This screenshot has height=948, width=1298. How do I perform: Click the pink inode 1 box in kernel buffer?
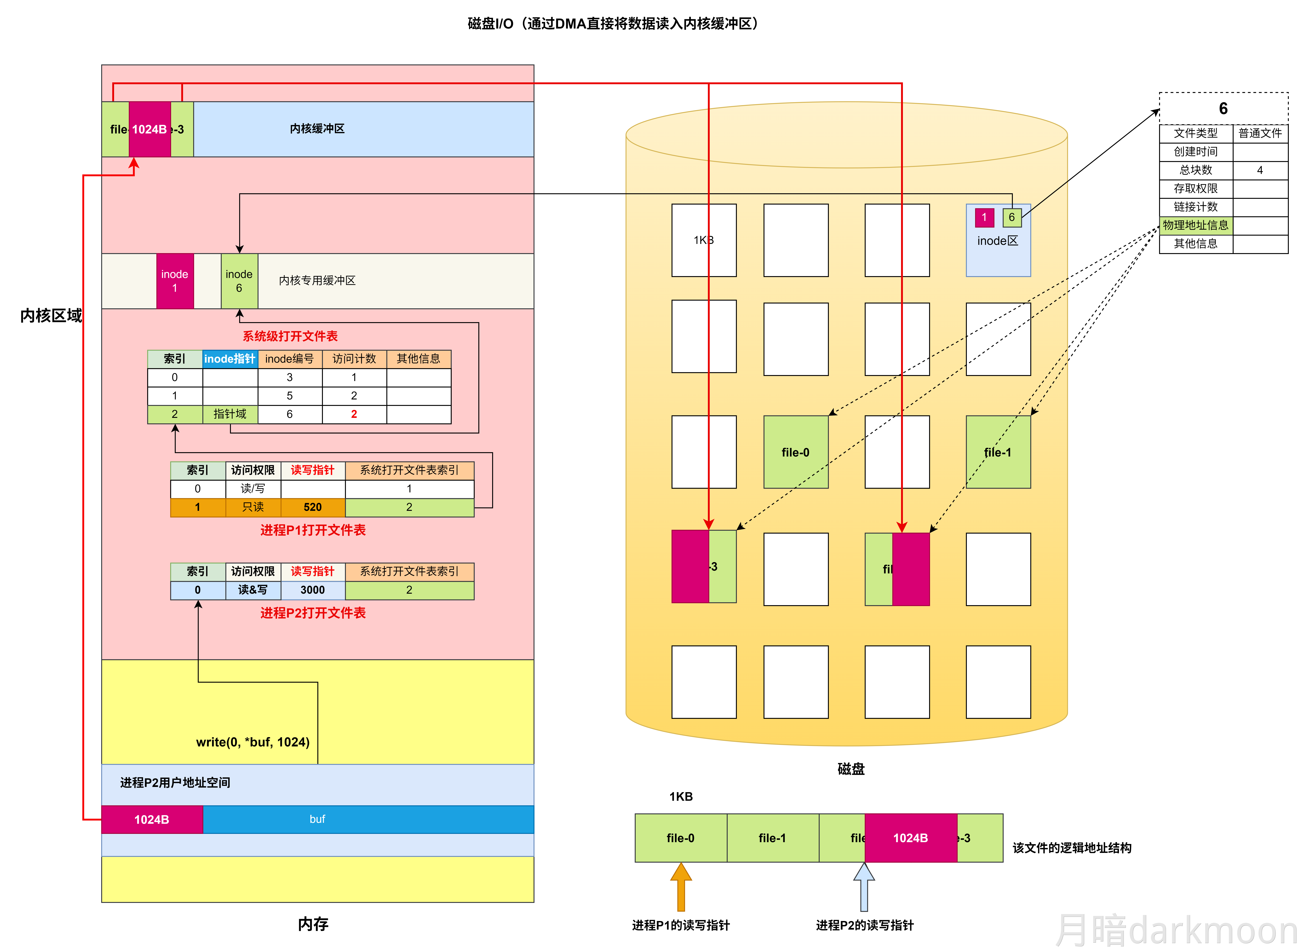(175, 281)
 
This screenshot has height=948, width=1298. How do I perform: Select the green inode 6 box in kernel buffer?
(239, 281)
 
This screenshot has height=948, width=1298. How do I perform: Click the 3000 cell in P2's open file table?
(313, 590)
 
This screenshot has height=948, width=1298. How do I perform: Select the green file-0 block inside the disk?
(796, 452)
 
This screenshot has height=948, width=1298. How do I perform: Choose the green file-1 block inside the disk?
(998, 452)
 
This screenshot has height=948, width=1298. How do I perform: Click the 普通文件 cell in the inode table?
(1260, 133)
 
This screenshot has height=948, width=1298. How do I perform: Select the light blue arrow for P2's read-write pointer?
(864, 887)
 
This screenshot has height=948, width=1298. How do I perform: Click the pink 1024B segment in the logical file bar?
(911, 838)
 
